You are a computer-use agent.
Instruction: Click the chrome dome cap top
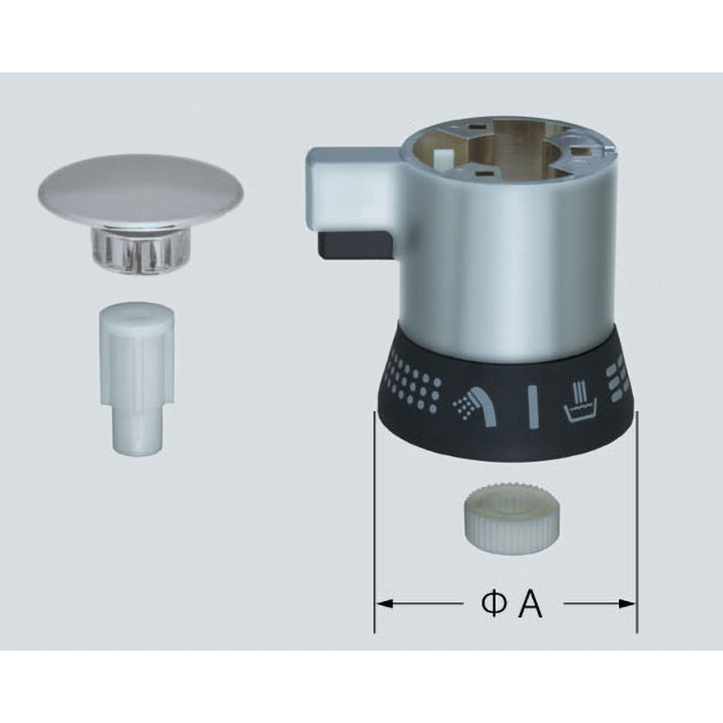141,187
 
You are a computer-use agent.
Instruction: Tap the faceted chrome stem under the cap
140,247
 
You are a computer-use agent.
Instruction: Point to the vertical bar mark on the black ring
533,408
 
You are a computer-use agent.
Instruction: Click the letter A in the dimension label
531,605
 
